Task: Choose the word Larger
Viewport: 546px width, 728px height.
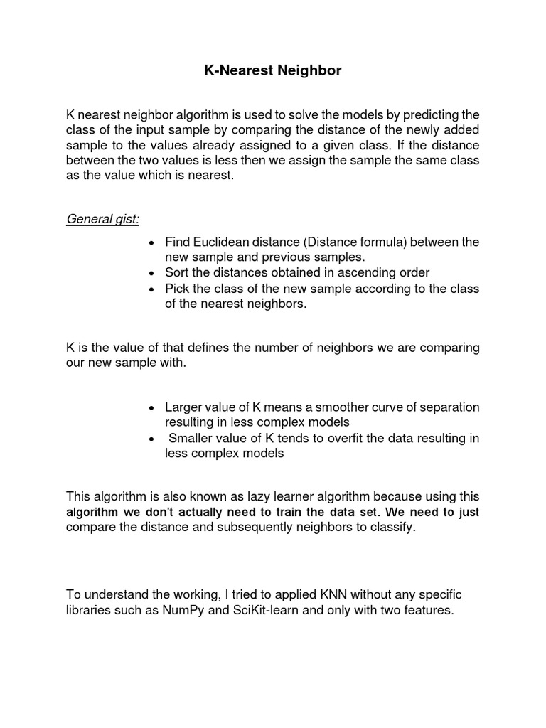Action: click(x=185, y=407)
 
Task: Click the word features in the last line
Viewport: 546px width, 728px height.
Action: click(x=427, y=611)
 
